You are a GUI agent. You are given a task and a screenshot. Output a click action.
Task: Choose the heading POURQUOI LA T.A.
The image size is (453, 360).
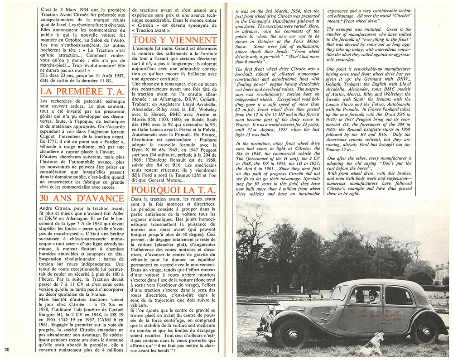pyautogui.click(x=175, y=189)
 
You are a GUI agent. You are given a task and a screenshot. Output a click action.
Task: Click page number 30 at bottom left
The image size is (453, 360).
pyautogui.click(x=6, y=349)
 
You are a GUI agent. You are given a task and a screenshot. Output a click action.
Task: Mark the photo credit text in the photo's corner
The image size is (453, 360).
pyautogui.click(x=256, y=352)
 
